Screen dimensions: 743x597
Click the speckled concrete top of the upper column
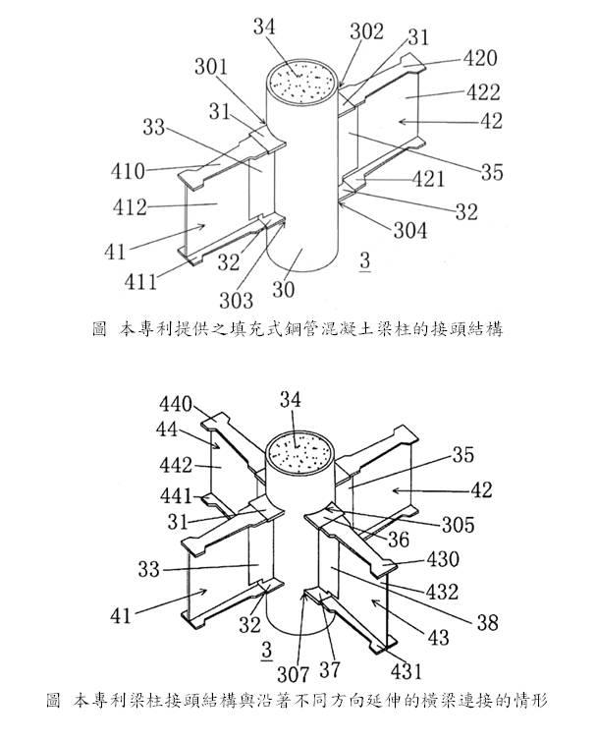coord(305,80)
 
